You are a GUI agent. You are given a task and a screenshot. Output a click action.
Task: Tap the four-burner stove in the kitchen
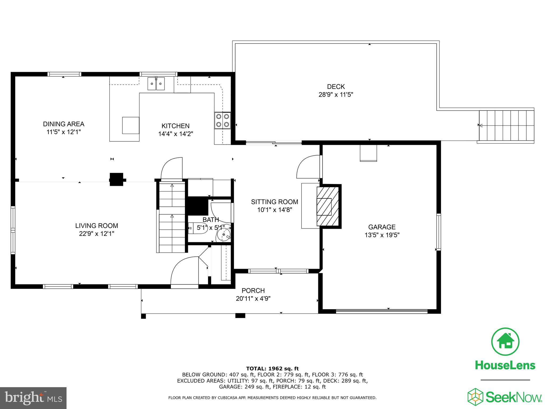tap(222, 120)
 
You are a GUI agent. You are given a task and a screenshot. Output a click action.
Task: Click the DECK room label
tap(336, 87)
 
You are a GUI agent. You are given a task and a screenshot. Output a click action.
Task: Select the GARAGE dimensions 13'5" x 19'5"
tap(382, 235)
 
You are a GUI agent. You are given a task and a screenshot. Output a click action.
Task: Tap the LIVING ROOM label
tap(97, 226)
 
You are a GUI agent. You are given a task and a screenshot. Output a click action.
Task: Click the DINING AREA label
tap(64, 124)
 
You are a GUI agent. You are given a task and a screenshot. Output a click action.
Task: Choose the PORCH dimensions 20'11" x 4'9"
tap(253, 298)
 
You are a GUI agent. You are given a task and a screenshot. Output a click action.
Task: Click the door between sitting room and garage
tap(309, 167)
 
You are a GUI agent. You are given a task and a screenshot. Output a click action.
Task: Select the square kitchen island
tap(130, 125)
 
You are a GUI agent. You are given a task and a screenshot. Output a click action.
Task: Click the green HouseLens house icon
tap(505, 342)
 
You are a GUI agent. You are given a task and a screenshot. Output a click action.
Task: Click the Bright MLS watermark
tap(33, 398)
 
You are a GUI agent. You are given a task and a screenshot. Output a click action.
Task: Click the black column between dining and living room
tap(117, 179)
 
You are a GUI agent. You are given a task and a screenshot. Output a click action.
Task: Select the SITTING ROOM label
tap(274, 202)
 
